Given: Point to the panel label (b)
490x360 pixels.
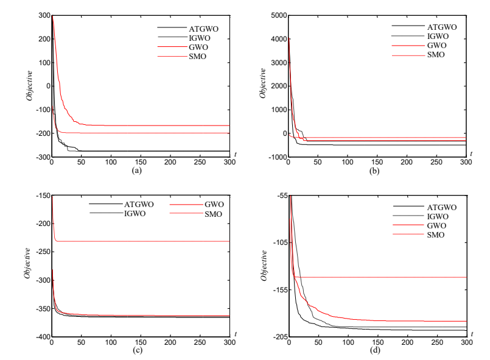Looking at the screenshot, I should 377,171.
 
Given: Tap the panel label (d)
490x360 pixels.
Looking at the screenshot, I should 377,350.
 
